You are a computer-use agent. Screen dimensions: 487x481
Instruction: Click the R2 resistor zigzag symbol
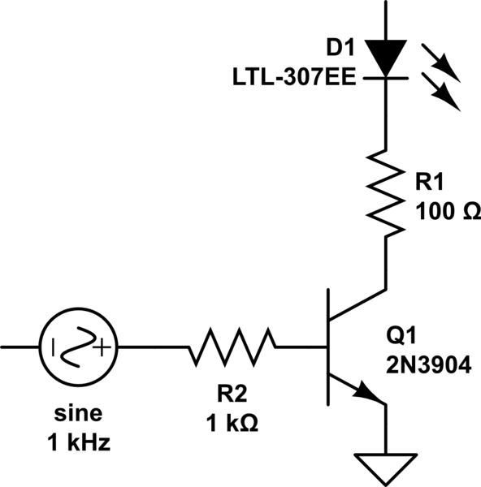click(x=232, y=347)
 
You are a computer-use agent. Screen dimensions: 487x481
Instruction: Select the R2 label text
click(x=234, y=394)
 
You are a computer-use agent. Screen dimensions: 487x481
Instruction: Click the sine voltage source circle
click(x=77, y=347)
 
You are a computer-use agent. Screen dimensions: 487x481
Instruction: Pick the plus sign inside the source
click(x=101, y=350)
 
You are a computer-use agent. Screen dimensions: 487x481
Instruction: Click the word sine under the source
click(x=78, y=416)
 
